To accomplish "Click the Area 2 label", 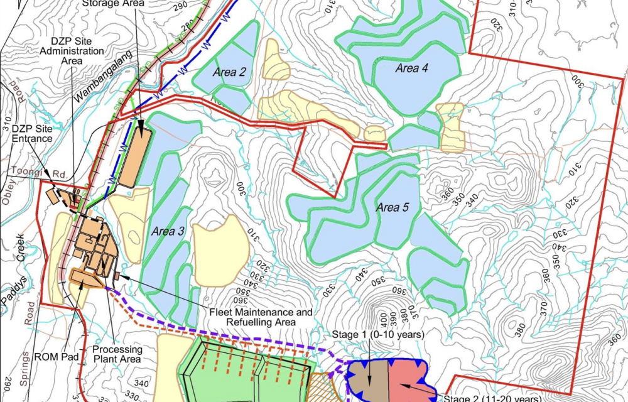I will click(x=229, y=72).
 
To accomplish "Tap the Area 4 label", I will click(x=411, y=68).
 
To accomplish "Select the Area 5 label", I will click(x=392, y=207).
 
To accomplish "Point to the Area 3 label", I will click(x=167, y=231).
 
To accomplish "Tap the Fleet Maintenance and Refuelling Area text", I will click(x=259, y=316).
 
